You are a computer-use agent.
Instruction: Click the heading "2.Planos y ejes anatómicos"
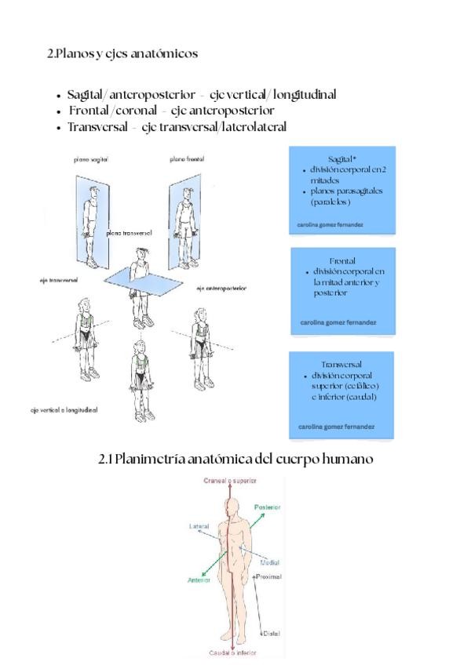click(122, 53)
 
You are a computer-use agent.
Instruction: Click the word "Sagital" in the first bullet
click(89, 95)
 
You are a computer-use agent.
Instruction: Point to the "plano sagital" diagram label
click(92, 159)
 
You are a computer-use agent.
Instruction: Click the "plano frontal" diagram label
click(187, 159)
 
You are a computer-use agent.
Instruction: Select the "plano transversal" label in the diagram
click(129, 233)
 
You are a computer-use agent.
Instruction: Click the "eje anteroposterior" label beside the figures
click(222, 288)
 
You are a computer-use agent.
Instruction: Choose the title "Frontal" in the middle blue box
click(343, 261)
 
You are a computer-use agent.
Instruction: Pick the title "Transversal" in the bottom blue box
click(341, 365)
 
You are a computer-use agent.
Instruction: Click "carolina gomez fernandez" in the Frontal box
click(338, 322)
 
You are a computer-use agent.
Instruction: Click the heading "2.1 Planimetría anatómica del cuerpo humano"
click(235, 458)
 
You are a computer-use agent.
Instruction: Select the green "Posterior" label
click(267, 507)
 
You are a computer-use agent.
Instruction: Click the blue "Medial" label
click(269, 562)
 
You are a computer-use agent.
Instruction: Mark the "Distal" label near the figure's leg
click(271, 632)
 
